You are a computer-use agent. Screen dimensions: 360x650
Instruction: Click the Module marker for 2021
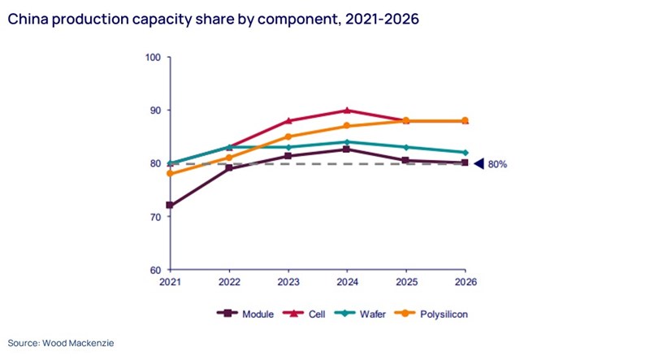point(170,205)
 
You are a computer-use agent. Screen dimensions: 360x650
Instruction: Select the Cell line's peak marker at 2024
point(347,110)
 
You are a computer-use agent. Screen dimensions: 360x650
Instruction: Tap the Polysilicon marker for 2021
point(170,173)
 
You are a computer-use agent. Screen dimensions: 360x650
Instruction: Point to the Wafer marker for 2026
point(465,152)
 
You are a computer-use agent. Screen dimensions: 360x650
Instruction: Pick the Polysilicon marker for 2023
point(288,137)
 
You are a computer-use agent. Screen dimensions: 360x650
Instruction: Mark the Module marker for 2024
point(347,149)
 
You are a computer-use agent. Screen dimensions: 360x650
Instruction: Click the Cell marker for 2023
point(288,120)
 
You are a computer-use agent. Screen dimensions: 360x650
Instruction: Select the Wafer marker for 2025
point(405,147)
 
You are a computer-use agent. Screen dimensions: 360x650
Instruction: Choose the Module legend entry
point(240,312)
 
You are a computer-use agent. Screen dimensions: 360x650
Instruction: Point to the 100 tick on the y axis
point(153,57)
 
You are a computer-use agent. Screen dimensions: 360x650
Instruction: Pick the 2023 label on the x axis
point(288,282)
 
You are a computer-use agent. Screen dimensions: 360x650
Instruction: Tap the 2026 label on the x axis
point(465,282)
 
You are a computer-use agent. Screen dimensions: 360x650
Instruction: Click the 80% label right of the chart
point(497,164)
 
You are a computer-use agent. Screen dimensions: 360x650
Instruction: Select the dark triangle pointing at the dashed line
point(479,163)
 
